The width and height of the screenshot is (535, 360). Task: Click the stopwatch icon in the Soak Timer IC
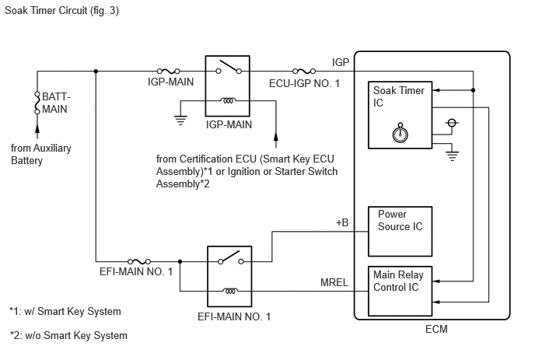pyautogui.click(x=400, y=133)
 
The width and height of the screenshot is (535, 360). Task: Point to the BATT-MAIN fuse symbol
pyautogui.click(x=37, y=102)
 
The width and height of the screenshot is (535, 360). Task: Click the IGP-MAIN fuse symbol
pyautogui.click(x=168, y=71)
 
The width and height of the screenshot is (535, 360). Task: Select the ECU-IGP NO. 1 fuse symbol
pyautogui.click(x=304, y=71)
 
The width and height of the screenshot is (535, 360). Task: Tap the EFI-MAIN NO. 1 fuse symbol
pyautogui.click(x=139, y=261)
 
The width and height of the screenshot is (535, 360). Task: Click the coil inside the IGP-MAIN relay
pyautogui.click(x=228, y=100)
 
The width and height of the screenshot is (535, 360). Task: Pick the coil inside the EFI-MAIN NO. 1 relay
pyautogui.click(x=230, y=291)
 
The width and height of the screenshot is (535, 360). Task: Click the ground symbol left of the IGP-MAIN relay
pyautogui.click(x=180, y=121)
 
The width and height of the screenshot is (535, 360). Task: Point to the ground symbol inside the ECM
pyautogui.click(x=452, y=156)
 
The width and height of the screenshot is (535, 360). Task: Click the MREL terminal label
pyautogui.click(x=334, y=282)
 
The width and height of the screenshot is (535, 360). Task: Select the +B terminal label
pyautogui.click(x=342, y=222)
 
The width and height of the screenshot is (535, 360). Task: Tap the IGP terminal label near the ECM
pyautogui.click(x=341, y=62)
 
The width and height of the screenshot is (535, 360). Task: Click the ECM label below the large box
pyautogui.click(x=436, y=329)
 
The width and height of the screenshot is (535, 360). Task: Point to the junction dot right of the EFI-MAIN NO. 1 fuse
pyautogui.click(x=180, y=261)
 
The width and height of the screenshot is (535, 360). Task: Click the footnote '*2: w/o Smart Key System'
pyautogui.click(x=68, y=335)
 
